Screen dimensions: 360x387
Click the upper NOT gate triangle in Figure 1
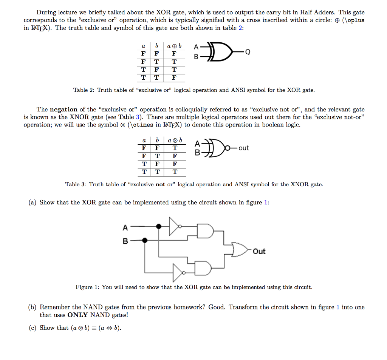pos(174,226)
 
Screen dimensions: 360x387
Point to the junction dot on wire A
pos(159,226)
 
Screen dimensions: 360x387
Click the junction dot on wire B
pos(144,240)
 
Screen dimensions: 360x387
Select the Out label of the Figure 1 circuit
pos(259,252)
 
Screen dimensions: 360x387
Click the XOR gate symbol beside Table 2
pos(220,52)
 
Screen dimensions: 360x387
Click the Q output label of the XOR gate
pos(248,52)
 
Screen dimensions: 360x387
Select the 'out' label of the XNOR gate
pos(244,148)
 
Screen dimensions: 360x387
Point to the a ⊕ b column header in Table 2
pos(174,46)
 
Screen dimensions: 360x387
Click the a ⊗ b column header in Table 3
pos(174,141)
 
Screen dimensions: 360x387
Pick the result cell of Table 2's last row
pos(174,78)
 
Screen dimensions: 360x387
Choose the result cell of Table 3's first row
pos(174,148)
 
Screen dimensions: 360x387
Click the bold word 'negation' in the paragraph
pos(63,109)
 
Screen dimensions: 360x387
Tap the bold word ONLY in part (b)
pos(78,315)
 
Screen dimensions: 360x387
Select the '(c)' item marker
pos(33,328)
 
